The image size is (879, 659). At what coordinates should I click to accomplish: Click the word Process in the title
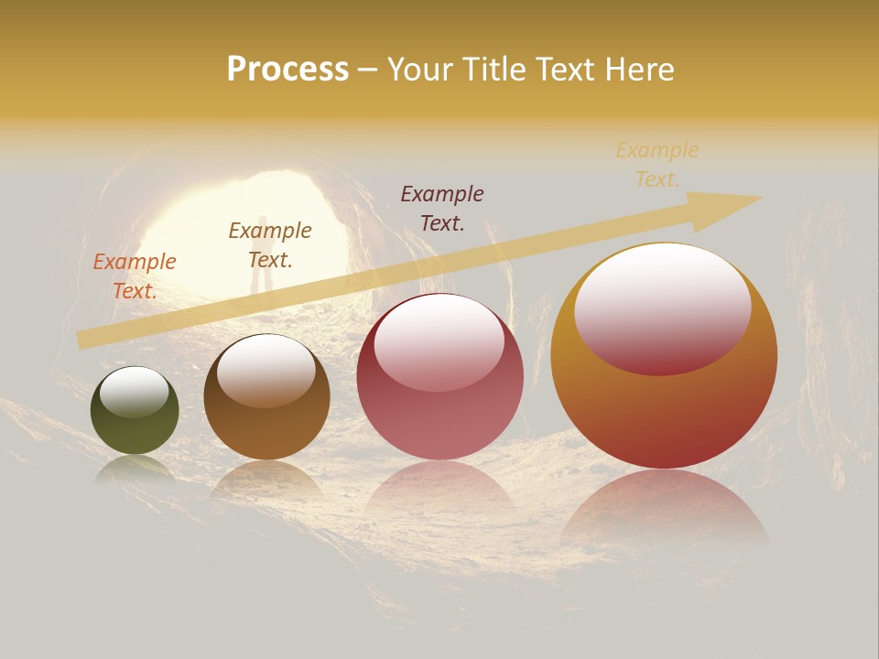tap(288, 70)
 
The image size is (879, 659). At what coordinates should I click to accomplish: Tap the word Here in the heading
tap(638, 70)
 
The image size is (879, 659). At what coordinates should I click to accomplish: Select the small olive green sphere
tap(135, 411)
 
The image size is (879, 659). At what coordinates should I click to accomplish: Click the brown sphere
tap(266, 397)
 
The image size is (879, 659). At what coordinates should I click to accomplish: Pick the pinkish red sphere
tap(439, 377)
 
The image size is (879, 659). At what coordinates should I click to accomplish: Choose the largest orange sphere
tap(664, 356)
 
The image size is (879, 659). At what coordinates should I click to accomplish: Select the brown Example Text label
tap(270, 244)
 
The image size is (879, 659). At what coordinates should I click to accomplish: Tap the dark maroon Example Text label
tap(442, 208)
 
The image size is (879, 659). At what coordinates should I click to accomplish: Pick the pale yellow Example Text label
tap(657, 164)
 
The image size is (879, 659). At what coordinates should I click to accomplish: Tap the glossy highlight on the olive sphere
tap(135, 391)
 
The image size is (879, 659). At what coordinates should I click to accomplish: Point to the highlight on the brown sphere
tap(266, 368)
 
